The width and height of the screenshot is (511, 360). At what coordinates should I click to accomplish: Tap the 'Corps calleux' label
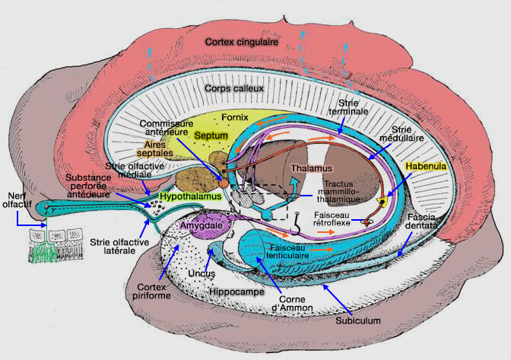(x=234, y=89)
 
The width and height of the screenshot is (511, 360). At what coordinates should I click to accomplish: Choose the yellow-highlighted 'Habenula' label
(x=425, y=164)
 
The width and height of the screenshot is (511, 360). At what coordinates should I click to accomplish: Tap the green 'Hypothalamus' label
(x=190, y=196)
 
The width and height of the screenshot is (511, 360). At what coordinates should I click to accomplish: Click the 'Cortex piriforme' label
(x=156, y=292)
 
